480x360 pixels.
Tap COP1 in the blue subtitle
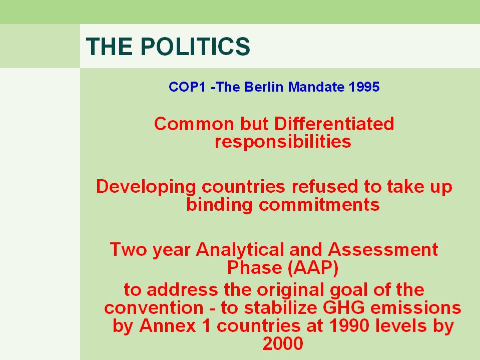click(187, 87)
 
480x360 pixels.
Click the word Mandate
click(316, 87)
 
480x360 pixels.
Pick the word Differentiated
click(334, 124)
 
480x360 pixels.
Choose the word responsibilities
click(283, 142)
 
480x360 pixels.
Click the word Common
click(194, 124)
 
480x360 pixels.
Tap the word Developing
click(146, 187)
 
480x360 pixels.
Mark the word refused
click(324, 186)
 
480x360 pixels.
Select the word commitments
click(319, 205)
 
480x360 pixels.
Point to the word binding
click(219, 205)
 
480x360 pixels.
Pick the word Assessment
click(383, 249)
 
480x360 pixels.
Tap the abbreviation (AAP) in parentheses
click(313, 268)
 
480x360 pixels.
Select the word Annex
click(168, 326)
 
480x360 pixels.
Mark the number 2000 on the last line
click(283, 343)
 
